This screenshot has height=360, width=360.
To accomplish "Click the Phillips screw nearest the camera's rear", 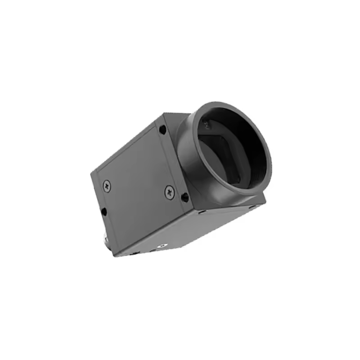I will pyautogui.click(x=107, y=184).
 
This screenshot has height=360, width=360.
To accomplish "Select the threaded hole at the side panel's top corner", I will pyautogui.click(x=162, y=130).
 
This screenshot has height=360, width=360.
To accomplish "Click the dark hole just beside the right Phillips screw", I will pyautogui.click(x=185, y=197).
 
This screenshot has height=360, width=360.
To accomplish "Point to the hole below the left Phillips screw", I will pyautogui.click(x=104, y=211).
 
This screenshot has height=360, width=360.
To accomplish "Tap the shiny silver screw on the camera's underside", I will pyautogui.click(x=160, y=246).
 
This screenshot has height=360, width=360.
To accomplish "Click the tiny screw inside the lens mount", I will pyautogui.click(x=203, y=122).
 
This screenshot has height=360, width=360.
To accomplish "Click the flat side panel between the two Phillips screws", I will pyautogui.click(x=137, y=184).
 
